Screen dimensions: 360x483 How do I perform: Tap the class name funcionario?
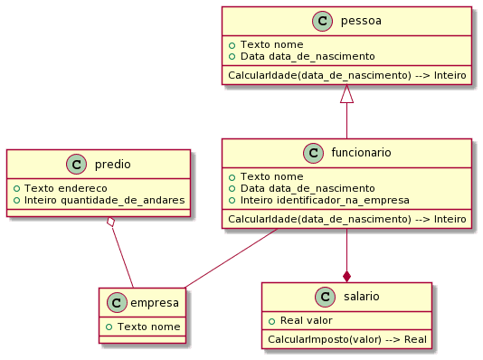(x=360, y=153)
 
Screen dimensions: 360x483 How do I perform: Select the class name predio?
(x=113, y=165)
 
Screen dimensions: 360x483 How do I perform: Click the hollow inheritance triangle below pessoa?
(x=346, y=95)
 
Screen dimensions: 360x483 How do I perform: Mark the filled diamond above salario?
(x=346, y=274)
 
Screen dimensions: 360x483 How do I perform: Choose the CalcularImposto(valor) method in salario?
(x=346, y=339)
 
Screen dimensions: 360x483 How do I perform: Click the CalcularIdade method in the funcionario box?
(x=346, y=220)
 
